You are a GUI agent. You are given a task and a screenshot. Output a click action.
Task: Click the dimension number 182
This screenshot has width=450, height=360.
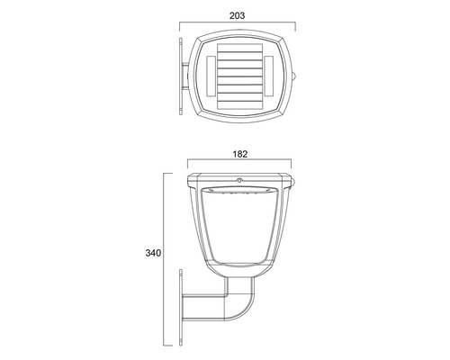click(238, 153)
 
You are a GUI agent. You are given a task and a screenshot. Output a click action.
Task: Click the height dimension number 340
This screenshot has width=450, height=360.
click(152, 254)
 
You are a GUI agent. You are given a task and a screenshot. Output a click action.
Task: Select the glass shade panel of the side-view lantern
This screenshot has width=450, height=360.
click(238, 229)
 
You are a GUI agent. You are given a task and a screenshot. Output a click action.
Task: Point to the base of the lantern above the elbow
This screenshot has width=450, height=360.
click(239, 270)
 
